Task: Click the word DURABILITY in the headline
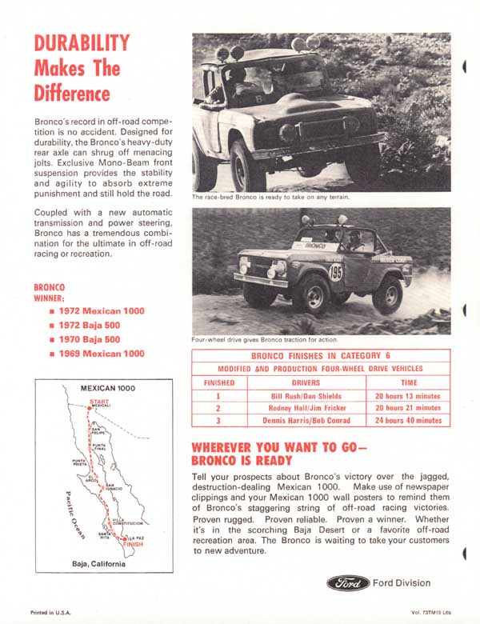pos(82,43)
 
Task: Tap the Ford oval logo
pos(347,583)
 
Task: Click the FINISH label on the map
pos(133,544)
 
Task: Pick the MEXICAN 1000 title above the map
pos(108,388)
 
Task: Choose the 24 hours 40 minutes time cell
pos(408,420)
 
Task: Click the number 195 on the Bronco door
pos(335,273)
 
